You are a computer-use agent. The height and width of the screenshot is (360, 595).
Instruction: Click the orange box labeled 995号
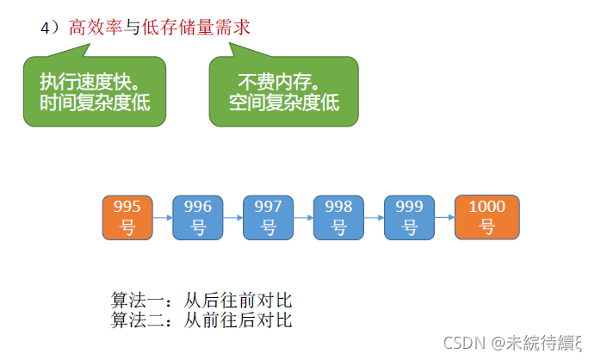[x=127, y=217]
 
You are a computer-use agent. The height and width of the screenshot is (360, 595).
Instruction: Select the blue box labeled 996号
[x=198, y=217]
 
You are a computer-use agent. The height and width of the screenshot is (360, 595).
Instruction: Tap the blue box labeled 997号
[x=269, y=217]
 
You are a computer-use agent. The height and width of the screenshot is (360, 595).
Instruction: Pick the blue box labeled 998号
[x=338, y=217]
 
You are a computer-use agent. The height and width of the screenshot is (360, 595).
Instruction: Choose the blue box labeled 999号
[x=409, y=217]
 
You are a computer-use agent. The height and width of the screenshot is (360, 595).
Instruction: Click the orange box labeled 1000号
[x=487, y=217]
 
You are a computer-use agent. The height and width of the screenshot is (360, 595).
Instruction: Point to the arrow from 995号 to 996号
[x=163, y=217]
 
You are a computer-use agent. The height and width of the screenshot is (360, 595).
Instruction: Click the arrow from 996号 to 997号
[x=233, y=217]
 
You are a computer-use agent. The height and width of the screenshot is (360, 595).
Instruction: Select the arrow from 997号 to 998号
[x=304, y=217]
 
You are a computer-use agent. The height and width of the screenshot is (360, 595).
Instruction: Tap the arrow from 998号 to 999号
[x=374, y=217]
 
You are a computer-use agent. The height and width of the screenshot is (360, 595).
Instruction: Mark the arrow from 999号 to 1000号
[x=444, y=217]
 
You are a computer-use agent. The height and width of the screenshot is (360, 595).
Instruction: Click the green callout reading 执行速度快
[x=95, y=91]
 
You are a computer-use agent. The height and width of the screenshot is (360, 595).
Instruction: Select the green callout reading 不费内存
[x=283, y=91]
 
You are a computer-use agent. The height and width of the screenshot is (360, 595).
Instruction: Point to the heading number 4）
[x=50, y=28]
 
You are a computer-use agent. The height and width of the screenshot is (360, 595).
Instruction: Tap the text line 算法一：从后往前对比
[x=201, y=301]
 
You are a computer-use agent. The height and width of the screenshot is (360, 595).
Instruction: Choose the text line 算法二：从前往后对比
[x=201, y=320]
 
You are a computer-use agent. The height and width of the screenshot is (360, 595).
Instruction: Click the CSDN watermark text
[x=511, y=343]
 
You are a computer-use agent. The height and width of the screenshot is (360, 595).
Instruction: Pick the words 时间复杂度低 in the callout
[x=95, y=102]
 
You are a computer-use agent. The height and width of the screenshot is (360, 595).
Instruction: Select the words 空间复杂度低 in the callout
[x=284, y=102]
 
